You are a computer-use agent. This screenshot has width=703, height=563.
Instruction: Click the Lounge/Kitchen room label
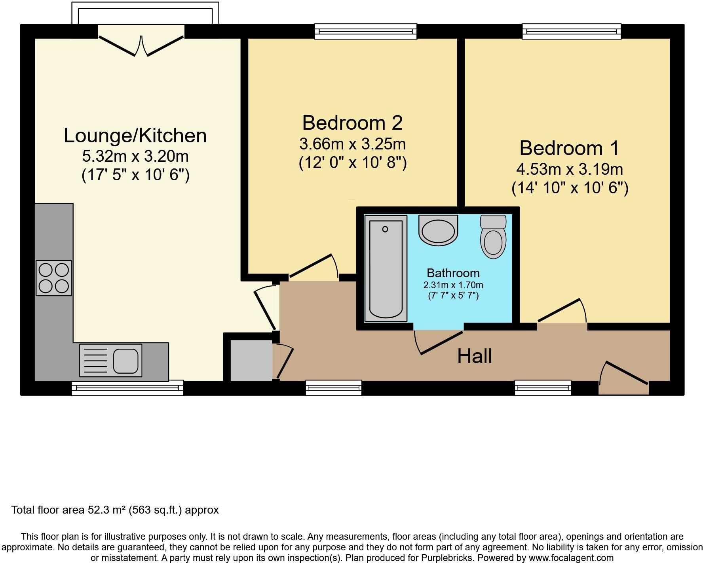tap(135, 136)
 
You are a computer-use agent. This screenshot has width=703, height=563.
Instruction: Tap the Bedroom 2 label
tap(352, 123)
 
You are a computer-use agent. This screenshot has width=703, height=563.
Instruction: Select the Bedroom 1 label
tap(569, 148)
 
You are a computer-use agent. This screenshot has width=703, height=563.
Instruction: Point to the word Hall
tap(474, 356)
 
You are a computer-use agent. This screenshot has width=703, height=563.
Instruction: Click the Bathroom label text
tap(453, 273)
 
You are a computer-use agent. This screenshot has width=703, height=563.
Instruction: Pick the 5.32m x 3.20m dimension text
tap(135, 157)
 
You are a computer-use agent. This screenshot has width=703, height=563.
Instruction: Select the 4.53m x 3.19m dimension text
tap(569, 169)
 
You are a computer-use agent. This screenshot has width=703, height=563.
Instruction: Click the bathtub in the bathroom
tap(386, 268)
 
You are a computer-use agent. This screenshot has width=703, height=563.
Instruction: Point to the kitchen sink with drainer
tap(111, 360)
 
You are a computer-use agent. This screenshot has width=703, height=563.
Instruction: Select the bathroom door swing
tap(439, 342)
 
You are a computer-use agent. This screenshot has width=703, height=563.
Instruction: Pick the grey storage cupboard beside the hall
tap(251, 360)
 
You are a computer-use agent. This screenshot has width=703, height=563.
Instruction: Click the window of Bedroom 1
tap(571, 32)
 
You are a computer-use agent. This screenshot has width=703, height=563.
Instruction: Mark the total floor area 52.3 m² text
tap(115, 510)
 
